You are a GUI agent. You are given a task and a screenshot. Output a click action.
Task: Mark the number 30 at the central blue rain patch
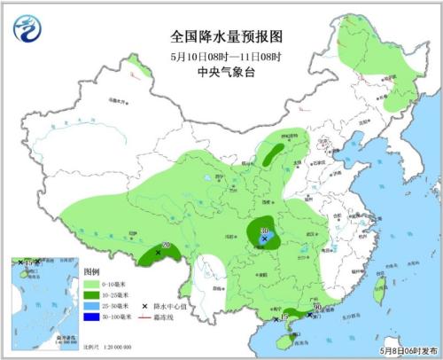264,231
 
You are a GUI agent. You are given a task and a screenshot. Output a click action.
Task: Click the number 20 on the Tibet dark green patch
165,247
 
